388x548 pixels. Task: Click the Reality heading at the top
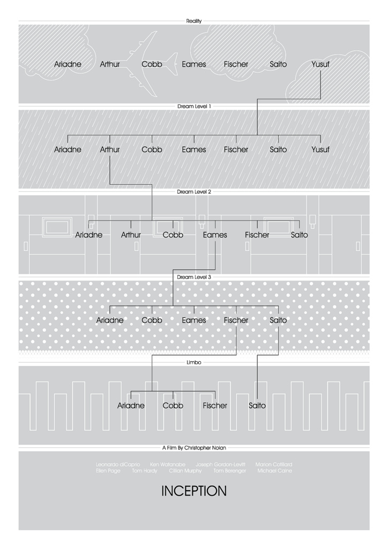pos(194,21)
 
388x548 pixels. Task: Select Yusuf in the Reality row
pos(320,64)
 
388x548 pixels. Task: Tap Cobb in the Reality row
pos(152,64)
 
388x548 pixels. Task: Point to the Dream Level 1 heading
pos(194,106)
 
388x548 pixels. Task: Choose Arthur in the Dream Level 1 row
pos(110,150)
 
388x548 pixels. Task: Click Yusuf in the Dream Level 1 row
pos(320,150)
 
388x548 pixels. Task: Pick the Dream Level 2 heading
pos(194,192)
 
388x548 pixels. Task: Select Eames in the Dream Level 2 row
pos(215,235)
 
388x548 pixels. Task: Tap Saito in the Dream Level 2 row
pos(299,235)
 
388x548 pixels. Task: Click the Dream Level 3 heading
pos(194,277)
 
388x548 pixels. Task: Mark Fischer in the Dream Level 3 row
pos(236,321)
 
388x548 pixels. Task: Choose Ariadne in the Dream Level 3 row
pos(110,321)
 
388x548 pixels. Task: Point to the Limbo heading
pos(194,362)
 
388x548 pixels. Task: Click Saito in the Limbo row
pos(257,406)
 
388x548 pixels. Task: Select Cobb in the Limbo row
pos(173,406)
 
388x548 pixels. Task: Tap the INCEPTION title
pos(194,491)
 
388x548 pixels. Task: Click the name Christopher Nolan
pos(209,448)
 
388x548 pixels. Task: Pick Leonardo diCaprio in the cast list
pos(116,465)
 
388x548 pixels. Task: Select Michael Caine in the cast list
pos(274,471)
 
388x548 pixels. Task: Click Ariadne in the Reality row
pos(68,64)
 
